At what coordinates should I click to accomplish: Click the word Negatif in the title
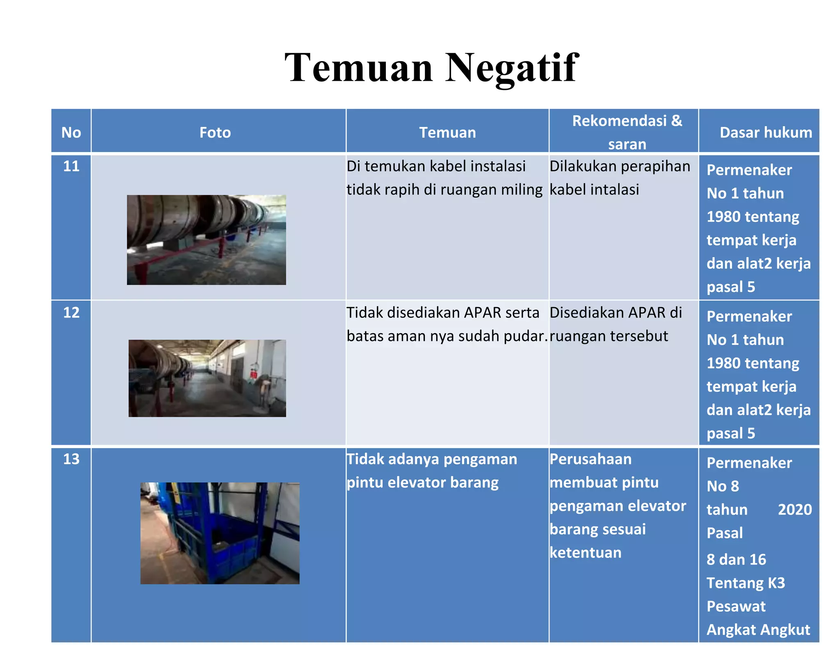(512, 68)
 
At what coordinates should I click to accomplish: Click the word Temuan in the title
(359, 68)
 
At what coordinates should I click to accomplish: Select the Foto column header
(215, 133)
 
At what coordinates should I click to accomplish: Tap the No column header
(71, 133)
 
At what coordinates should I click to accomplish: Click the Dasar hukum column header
(766, 133)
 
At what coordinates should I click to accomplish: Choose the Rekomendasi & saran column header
(627, 132)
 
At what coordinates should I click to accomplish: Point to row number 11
(71, 166)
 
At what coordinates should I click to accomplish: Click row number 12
(71, 313)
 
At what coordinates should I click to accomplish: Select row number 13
(71, 459)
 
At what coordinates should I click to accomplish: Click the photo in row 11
(206, 240)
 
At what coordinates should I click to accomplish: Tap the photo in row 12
(207, 378)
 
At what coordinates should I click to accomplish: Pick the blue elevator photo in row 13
(220, 533)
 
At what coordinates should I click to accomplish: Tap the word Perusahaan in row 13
(590, 459)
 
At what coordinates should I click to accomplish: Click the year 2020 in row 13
(795, 510)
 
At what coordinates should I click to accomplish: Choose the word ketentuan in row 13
(585, 553)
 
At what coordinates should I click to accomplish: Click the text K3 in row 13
(776, 583)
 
